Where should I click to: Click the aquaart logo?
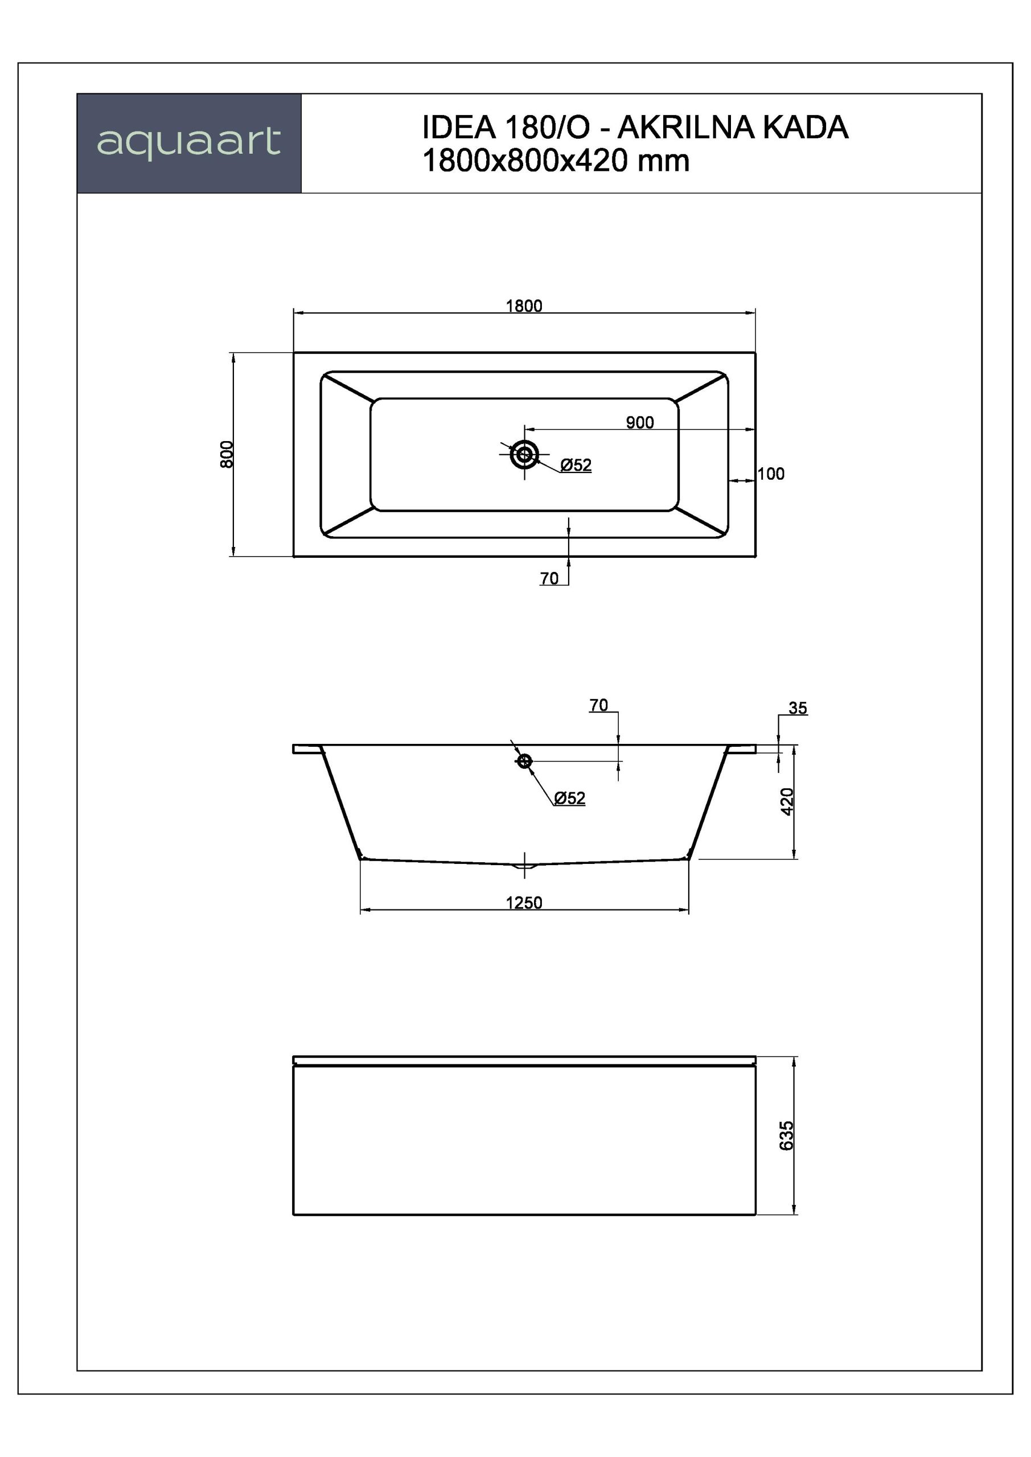[188, 142]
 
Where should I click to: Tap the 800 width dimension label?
[227, 454]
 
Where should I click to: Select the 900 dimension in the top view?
[639, 423]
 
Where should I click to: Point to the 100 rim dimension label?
[771, 474]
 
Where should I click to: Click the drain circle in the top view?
[524, 454]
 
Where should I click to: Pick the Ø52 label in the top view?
[576, 465]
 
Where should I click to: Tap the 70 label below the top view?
[549, 578]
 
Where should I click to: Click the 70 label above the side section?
[599, 705]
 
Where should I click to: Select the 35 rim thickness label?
[798, 708]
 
